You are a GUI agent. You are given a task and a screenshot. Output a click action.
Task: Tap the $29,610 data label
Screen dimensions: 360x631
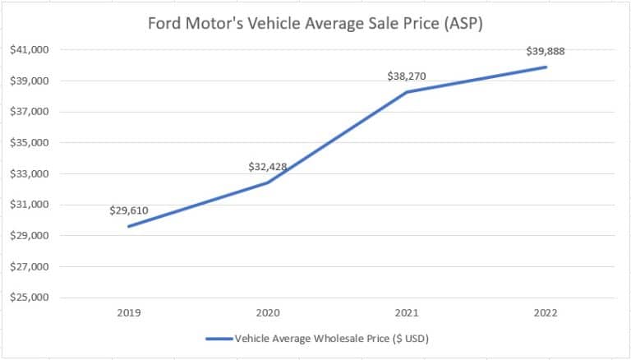coord(129,210)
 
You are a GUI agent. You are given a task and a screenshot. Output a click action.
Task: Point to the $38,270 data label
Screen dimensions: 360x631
coord(407,76)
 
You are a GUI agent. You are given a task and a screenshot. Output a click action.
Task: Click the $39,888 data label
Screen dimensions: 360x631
coord(545,51)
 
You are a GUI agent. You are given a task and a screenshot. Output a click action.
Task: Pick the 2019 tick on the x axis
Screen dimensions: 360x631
coord(129,313)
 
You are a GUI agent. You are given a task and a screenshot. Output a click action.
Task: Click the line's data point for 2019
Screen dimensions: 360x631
coord(129,226)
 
